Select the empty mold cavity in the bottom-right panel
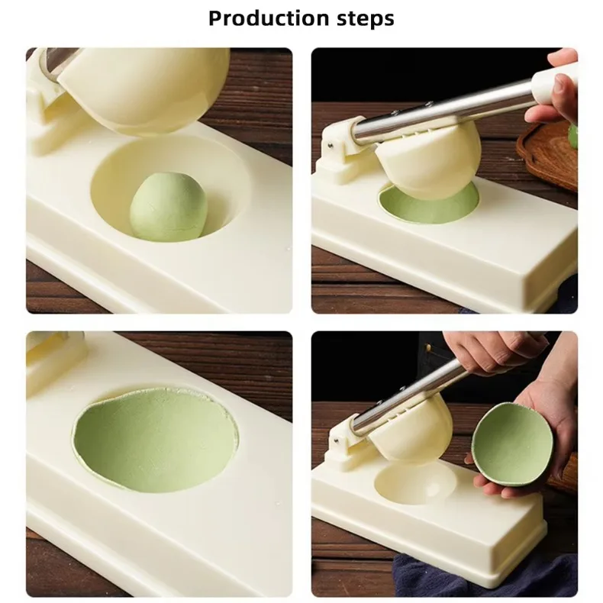416,482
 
